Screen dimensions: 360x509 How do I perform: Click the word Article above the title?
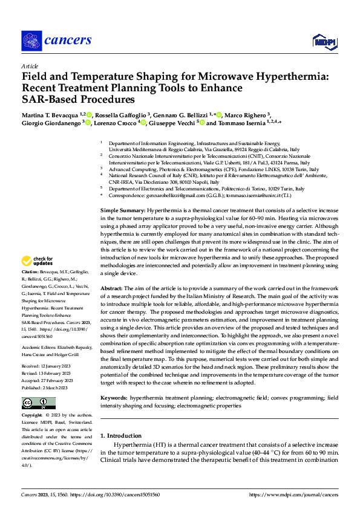click(30, 66)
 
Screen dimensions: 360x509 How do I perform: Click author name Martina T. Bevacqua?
click(49, 114)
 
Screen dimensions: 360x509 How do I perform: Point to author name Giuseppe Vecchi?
click(172, 123)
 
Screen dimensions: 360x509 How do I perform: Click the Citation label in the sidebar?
click(32, 273)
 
